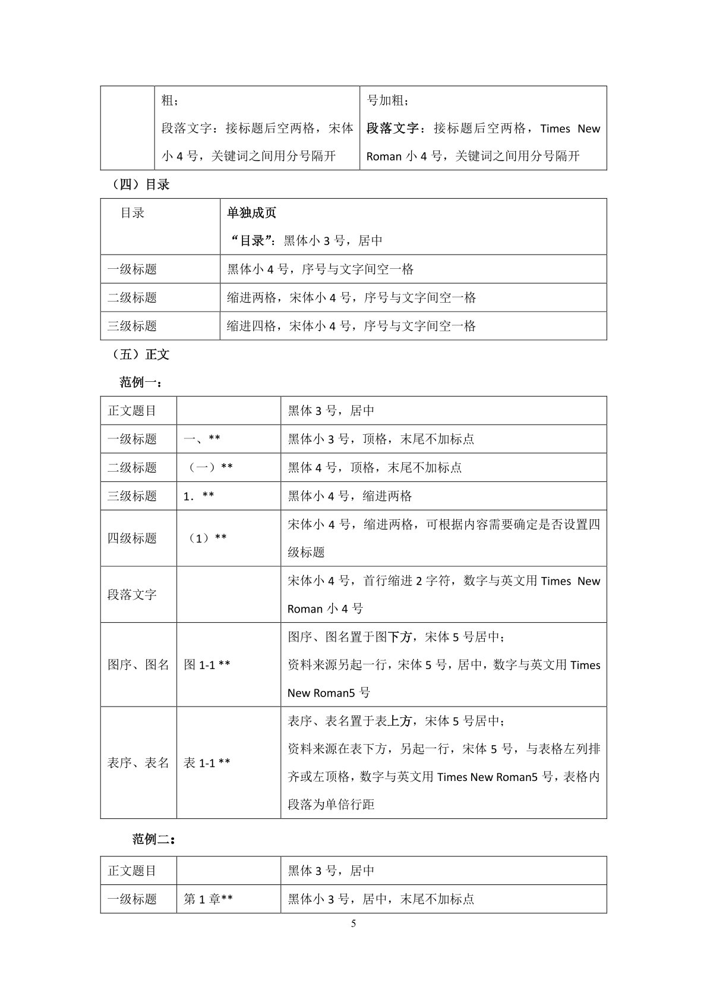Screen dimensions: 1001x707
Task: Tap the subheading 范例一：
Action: click(141, 382)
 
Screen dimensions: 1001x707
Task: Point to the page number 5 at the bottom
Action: click(353, 924)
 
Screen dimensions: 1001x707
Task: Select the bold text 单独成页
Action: click(251, 213)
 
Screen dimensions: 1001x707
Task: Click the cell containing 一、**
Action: click(202, 439)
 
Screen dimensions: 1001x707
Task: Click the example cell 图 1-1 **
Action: click(207, 665)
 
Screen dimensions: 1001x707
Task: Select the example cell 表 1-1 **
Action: click(207, 763)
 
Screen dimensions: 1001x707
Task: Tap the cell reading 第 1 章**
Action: click(208, 899)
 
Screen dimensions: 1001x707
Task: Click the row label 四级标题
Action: click(132, 538)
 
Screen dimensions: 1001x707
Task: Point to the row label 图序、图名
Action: click(138, 665)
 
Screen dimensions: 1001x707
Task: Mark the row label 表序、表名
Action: click(138, 763)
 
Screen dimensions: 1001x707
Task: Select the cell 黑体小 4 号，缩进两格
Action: click(350, 496)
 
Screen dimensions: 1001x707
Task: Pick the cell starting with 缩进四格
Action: click(351, 326)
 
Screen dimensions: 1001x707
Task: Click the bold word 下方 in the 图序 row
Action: click(400, 637)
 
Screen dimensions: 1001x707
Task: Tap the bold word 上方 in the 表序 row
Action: click(400, 721)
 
